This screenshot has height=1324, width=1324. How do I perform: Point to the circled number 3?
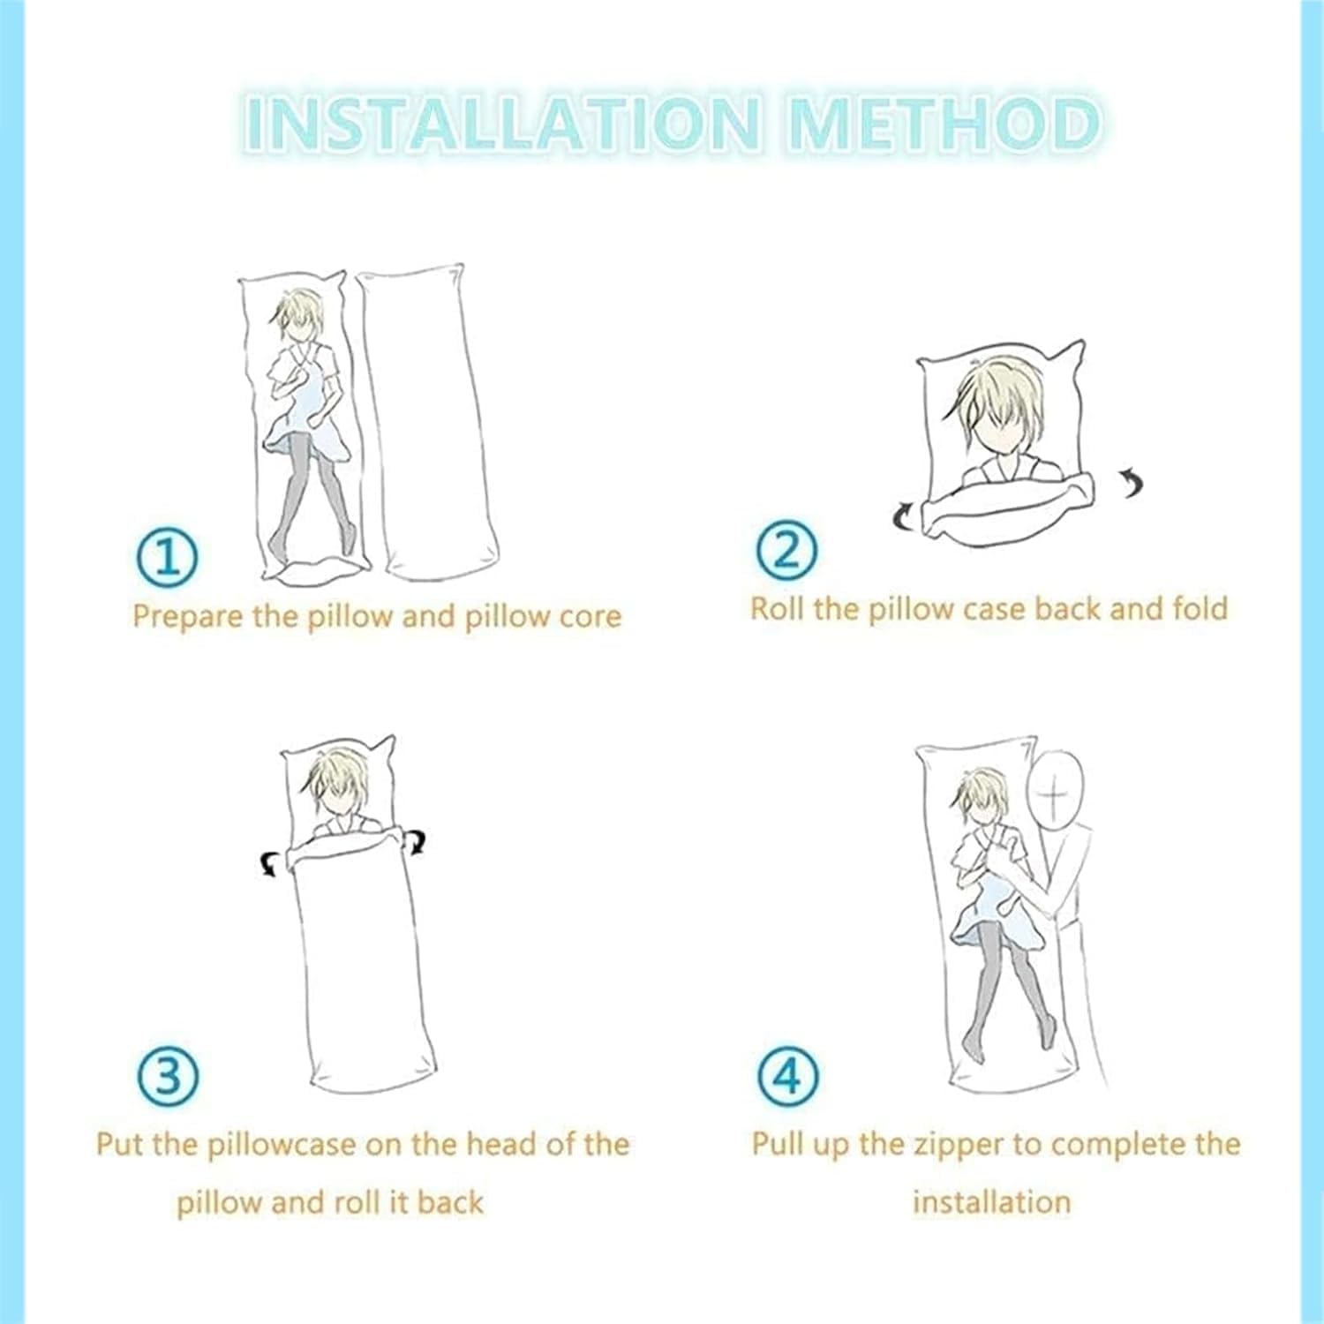168,1075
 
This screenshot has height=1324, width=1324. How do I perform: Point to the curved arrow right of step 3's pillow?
415,842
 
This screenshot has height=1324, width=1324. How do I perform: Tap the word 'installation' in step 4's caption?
991,1201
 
